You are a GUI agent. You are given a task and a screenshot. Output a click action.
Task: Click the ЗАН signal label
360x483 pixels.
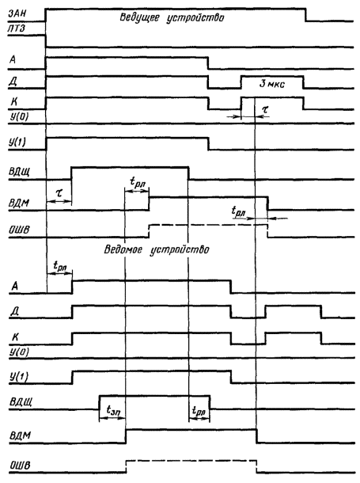click(17, 13)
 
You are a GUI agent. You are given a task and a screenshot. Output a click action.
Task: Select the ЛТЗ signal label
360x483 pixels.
click(17, 29)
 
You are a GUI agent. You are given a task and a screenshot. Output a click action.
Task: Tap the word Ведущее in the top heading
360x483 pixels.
click(139, 17)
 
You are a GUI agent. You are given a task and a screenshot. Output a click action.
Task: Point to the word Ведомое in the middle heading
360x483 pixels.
click(123, 249)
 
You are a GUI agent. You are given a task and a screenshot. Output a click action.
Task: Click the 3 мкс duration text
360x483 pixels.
click(272, 83)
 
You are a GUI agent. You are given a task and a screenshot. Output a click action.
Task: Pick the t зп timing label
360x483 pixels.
click(113, 410)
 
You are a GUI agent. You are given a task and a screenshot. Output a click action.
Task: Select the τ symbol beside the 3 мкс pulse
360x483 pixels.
click(264, 108)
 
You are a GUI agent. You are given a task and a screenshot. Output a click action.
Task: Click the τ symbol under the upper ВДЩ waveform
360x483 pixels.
click(59, 193)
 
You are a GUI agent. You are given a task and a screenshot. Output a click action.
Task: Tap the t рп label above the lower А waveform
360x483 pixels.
click(60, 265)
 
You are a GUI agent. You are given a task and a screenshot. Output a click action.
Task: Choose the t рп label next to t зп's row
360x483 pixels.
click(199, 411)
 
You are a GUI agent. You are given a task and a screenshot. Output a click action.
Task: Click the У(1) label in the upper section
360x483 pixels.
click(17, 142)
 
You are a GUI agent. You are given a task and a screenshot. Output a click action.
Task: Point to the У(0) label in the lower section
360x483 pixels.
click(19, 352)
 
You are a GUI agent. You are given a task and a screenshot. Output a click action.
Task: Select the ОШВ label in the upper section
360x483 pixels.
click(19, 230)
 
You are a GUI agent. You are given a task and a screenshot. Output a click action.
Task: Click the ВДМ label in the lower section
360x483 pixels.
click(20, 435)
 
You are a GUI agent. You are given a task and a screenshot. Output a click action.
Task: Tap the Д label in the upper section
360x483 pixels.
click(13, 81)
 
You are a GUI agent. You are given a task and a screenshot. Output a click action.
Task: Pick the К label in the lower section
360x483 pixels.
click(15, 337)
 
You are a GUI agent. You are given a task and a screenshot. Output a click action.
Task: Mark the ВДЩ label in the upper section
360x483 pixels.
click(19, 172)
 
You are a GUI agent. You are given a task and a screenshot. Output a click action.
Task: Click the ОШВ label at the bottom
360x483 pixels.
click(21, 465)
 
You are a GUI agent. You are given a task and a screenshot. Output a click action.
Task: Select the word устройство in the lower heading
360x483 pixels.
click(180, 249)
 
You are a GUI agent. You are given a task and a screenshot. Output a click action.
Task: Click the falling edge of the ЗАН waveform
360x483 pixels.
click(305, 15)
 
